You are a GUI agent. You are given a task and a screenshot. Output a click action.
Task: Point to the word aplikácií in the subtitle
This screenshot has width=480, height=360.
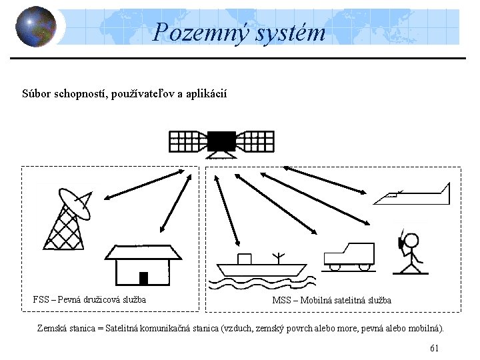coord(205,94)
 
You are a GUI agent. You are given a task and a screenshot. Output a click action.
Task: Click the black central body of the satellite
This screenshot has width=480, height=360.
coord(221,141)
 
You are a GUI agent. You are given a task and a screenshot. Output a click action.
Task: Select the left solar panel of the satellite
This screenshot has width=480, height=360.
coord(187,141)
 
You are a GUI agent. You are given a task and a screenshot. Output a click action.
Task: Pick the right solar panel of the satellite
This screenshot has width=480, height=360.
coord(255,141)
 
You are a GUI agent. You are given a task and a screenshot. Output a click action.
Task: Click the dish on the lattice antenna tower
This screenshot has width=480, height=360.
coord(75,203)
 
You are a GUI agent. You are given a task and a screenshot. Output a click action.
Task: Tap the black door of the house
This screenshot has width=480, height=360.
coord(143,278)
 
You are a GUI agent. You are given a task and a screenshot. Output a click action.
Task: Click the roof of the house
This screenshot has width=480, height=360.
coord(143,251)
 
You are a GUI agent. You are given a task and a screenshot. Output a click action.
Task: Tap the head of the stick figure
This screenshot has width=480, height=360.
coord(411,241)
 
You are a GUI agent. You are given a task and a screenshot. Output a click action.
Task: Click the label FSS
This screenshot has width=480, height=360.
coord(40,299)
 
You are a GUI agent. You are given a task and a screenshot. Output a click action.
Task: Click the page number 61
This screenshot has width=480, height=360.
coord(434,348)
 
